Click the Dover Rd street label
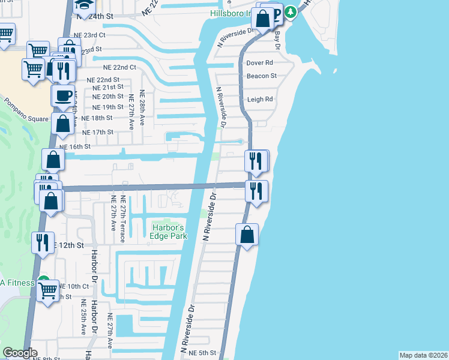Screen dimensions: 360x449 (x=260, y=62)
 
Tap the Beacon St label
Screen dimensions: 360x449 (x=261, y=76)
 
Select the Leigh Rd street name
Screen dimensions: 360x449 (x=260, y=100)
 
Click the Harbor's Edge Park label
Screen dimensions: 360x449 (x=169, y=232)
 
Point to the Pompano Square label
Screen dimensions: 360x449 (x=24, y=110)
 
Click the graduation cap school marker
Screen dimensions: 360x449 (x=82, y=5)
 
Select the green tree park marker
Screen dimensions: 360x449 (x=291, y=11)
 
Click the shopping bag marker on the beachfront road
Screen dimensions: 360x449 (x=247, y=234)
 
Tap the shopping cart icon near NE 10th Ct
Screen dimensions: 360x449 (x=48, y=291)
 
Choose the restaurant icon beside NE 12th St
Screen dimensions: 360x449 (x=43, y=242)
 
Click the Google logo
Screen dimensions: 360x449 (x=20, y=353)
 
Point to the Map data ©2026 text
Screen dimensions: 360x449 (x=423, y=355)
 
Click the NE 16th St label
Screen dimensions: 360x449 (x=74, y=146)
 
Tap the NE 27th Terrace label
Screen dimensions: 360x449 (x=122, y=219)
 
